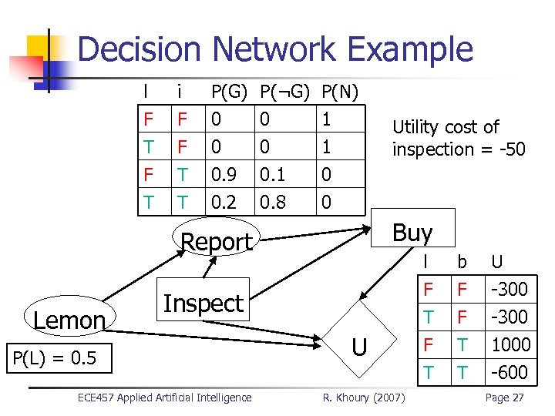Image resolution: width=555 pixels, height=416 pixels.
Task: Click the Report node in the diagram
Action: (215, 241)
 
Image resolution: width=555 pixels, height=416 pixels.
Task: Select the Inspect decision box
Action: (203, 304)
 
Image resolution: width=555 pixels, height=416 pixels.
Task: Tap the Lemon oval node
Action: (69, 319)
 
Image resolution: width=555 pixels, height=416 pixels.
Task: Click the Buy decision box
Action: (412, 231)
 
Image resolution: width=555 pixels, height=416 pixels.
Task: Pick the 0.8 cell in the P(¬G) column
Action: (272, 202)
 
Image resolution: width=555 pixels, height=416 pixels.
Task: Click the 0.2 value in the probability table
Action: (224, 202)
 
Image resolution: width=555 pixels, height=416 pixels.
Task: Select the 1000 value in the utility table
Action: (510, 344)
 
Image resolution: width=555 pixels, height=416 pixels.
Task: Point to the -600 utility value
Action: (510, 372)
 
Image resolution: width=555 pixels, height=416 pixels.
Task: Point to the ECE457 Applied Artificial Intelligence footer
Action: (164, 398)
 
